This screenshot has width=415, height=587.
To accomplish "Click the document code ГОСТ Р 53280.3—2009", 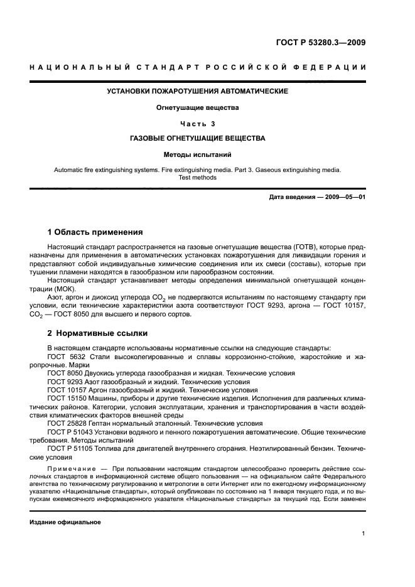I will (321, 43).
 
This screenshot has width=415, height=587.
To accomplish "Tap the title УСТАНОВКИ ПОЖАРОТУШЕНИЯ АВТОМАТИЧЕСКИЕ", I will (197, 92).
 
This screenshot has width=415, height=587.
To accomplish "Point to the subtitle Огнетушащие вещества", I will (197, 107).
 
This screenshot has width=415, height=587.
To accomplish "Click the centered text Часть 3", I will (197, 123).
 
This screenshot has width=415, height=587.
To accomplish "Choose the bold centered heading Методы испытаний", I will (197, 153).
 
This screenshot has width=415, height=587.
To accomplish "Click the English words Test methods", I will (197, 178).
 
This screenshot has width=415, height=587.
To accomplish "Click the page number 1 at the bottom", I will (364, 534).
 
